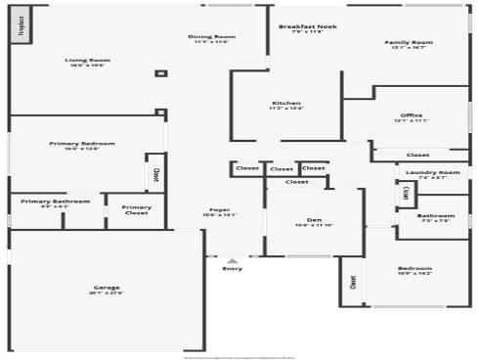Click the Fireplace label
[x=21, y=24]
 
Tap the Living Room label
[x=88, y=61]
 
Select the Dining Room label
[x=211, y=37]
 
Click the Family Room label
[x=409, y=43]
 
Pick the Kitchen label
[x=286, y=103]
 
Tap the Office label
[x=412, y=116]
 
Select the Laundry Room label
[x=432, y=173]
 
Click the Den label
[x=314, y=220]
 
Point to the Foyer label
[x=219, y=210]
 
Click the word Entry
[x=233, y=269]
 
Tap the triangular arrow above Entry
[x=232, y=260]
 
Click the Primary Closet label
[x=137, y=207]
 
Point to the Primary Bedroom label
[x=82, y=144]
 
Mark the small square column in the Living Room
[x=161, y=73]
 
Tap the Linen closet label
[x=406, y=194]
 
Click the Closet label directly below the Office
[x=417, y=155]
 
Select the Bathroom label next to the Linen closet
[x=435, y=215]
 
